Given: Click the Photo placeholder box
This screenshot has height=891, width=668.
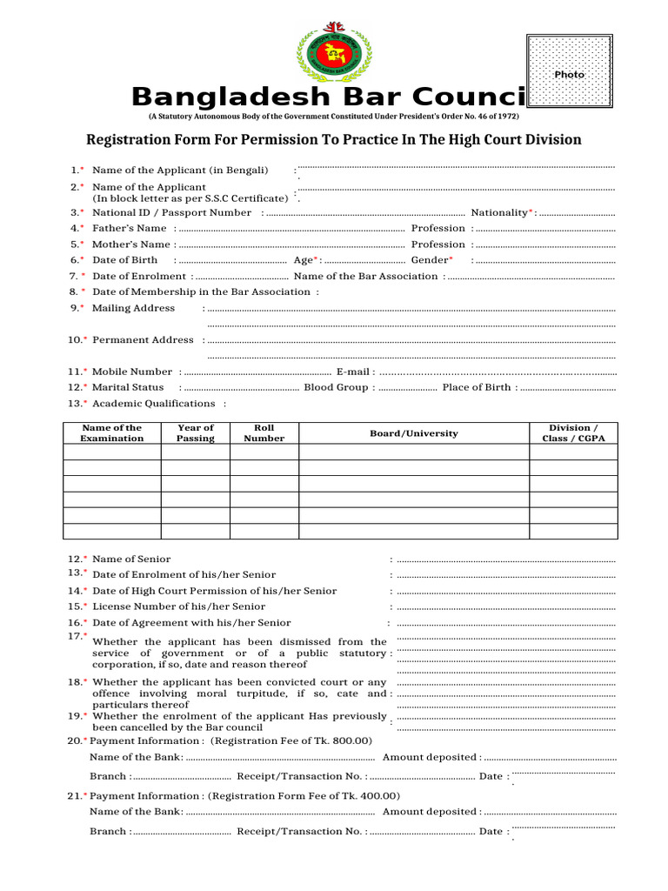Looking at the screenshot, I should [x=570, y=74].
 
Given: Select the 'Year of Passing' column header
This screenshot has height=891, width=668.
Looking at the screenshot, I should [x=195, y=432].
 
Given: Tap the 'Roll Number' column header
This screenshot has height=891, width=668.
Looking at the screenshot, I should [x=264, y=432].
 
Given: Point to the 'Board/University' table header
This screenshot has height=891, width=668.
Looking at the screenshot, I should [x=413, y=433].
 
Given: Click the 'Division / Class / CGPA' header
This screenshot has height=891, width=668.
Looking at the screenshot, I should [x=573, y=432].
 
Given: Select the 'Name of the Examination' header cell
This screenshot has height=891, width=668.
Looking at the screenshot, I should [x=111, y=432].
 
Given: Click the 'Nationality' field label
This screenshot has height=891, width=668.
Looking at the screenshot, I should [x=500, y=212].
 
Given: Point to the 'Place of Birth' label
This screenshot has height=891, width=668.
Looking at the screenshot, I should [x=477, y=387].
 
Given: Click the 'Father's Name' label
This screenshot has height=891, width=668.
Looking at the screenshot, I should [x=129, y=228].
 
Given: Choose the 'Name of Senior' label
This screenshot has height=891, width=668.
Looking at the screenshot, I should [x=131, y=559].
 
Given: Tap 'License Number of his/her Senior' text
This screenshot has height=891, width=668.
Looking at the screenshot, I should [x=178, y=606].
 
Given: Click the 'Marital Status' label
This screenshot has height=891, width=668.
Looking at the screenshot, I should [x=128, y=387].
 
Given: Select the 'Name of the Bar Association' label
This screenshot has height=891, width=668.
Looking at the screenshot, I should [x=366, y=276].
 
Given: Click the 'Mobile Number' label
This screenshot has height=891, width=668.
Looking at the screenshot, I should [x=132, y=372].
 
